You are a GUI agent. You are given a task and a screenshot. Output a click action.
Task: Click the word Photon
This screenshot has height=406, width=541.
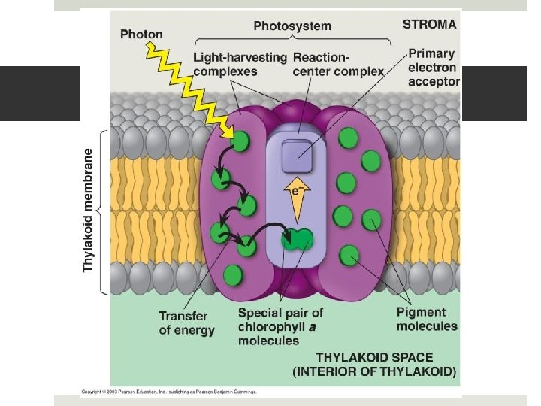tap(141, 35)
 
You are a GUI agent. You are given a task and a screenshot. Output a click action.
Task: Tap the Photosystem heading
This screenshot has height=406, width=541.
tap(292, 26)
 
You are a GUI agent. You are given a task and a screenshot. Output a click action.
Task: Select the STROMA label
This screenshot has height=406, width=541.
tap(429, 24)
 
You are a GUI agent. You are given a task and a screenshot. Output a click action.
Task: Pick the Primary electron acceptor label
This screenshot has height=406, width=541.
tap(431, 68)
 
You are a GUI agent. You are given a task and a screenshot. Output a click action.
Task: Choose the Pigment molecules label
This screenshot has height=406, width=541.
tap(426, 319)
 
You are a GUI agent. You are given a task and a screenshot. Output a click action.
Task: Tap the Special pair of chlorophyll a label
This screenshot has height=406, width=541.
tap(280, 326)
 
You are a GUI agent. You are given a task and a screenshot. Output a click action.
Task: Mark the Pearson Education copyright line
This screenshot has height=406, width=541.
tap(169, 392)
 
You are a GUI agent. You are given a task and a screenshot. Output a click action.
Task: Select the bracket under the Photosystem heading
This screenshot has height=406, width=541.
tap(292, 39)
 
